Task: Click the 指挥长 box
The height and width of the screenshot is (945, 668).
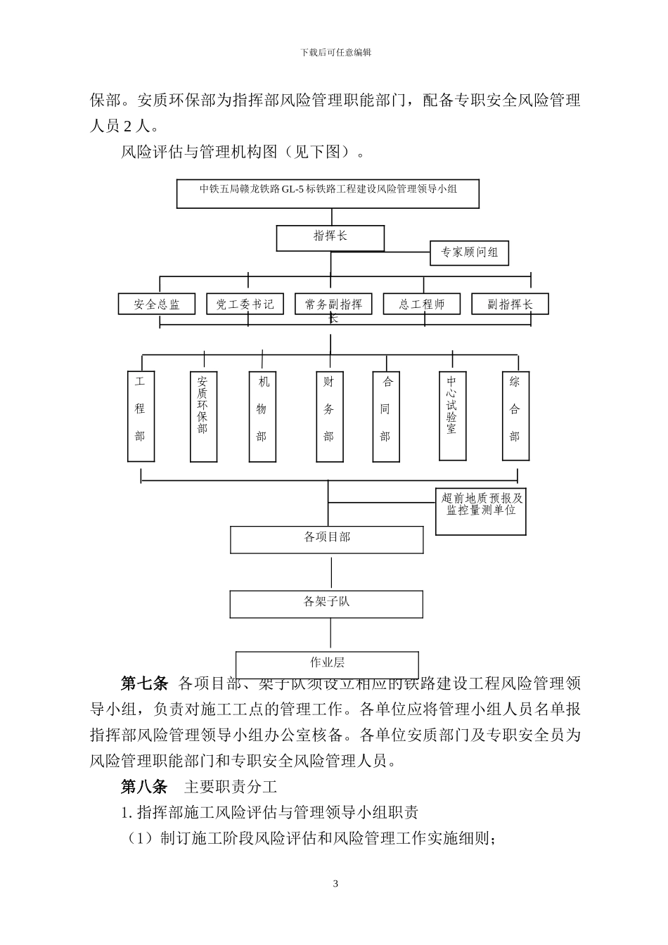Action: [330, 238]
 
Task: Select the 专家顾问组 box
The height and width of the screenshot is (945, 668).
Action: [469, 253]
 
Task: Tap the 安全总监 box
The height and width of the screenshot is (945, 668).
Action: [157, 304]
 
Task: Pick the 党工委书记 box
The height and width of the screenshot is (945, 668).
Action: [245, 304]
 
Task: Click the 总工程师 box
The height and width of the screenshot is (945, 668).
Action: [422, 304]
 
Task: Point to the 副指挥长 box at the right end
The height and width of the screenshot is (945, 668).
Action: [510, 304]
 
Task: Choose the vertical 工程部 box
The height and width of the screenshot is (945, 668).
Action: [141, 416]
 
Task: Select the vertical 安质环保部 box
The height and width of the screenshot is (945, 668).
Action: [203, 416]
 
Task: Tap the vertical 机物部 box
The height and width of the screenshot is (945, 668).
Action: [262, 416]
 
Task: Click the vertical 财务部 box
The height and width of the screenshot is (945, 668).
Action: [329, 416]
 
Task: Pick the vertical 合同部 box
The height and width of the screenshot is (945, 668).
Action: [385, 416]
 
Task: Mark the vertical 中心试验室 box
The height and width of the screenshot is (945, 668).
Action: [451, 416]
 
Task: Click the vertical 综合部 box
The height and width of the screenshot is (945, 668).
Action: [515, 416]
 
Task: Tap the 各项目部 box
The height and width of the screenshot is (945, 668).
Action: [327, 539]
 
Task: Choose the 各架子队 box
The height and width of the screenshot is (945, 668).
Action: [326, 604]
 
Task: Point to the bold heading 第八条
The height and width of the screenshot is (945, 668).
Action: [144, 786]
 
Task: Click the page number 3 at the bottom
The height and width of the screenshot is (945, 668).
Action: [335, 884]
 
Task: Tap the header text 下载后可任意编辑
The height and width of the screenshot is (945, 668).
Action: [335, 52]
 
